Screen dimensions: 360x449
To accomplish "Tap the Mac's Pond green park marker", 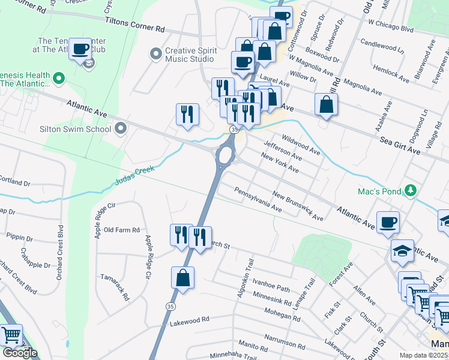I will (x=410, y=190).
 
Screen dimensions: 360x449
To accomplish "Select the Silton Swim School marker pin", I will (x=121, y=128).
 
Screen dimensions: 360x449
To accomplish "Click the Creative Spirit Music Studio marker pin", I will (x=157, y=55).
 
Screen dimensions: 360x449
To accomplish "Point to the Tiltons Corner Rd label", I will (x=134, y=25).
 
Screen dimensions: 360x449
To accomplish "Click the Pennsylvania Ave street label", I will (x=258, y=200).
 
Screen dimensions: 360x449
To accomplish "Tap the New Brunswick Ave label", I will (x=298, y=206).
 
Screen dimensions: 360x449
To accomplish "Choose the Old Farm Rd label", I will (x=121, y=230).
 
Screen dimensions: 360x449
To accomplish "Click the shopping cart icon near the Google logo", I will (x=12, y=335).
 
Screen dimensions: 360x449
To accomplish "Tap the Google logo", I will (x=20, y=353).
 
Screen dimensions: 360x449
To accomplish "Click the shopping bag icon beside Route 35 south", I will (x=183, y=278).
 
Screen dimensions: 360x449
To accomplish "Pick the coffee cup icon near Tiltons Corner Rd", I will (x=80, y=49).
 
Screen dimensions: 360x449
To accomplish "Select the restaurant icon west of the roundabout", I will (x=188, y=113).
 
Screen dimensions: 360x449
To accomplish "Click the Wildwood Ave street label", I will (x=301, y=145).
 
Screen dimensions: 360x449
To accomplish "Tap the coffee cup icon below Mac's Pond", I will (x=388, y=222).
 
